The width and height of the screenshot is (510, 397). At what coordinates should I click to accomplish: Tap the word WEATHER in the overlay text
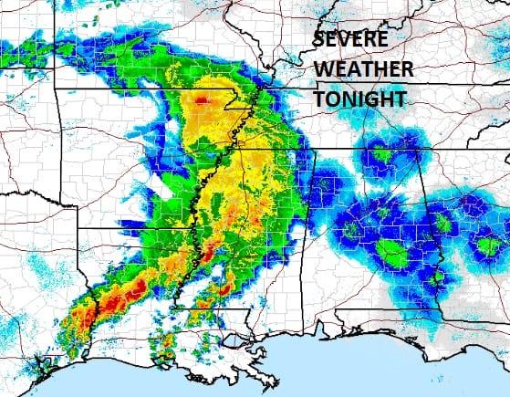pos(363,69)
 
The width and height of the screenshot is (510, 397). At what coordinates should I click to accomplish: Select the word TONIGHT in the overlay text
pos(359,99)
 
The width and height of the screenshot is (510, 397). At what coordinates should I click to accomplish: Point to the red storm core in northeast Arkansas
pos(202,97)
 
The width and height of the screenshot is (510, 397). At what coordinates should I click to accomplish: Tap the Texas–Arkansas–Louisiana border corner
pos(78,228)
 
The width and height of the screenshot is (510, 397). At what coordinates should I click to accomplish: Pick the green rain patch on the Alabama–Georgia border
pos(442,224)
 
